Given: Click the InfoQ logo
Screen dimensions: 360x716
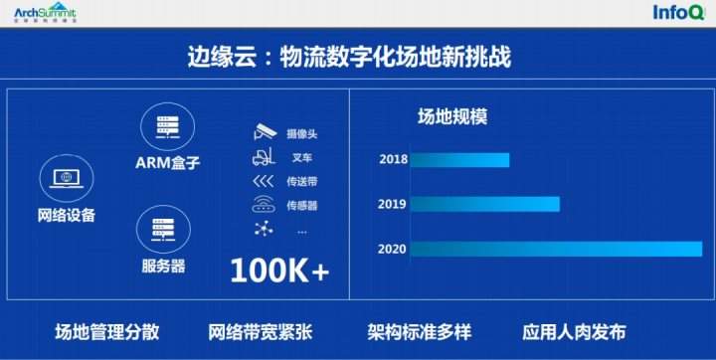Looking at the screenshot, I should pyautogui.click(x=679, y=13).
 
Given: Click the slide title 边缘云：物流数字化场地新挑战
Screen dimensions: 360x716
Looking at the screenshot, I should pyautogui.click(x=349, y=55).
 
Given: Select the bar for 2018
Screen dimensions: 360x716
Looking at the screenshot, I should pyautogui.click(x=459, y=160).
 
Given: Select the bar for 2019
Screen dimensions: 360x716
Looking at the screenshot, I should pyautogui.click(x=484, y=204).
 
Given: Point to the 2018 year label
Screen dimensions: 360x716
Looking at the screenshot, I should pyautogui.click(x=393, y=160).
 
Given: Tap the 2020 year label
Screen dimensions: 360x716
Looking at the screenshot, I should pyautogui.click(x=393, y=249).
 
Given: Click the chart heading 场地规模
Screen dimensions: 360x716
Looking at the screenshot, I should pyautogui.click(x=451, y=116).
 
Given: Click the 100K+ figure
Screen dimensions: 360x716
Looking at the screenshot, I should pyautogui.click(x=279, y=270).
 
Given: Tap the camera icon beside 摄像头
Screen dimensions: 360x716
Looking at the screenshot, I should pyautogui.click(x=265, y=132).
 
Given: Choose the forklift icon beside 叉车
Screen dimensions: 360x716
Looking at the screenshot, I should pyautogui.click(x=265, y=157).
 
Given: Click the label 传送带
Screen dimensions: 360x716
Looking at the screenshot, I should pyautogui.click(x=302, y=181).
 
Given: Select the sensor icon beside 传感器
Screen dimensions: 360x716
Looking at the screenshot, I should pyautogui.click(x=265, y=205).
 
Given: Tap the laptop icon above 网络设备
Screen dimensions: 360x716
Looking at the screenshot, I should pyautogui.click(x=66, y=180).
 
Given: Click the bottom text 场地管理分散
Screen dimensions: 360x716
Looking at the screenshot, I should pyautogui.click(x=106, y=332).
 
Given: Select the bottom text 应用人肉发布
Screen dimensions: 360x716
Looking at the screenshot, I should pyautogui.click(x=575, y=332).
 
